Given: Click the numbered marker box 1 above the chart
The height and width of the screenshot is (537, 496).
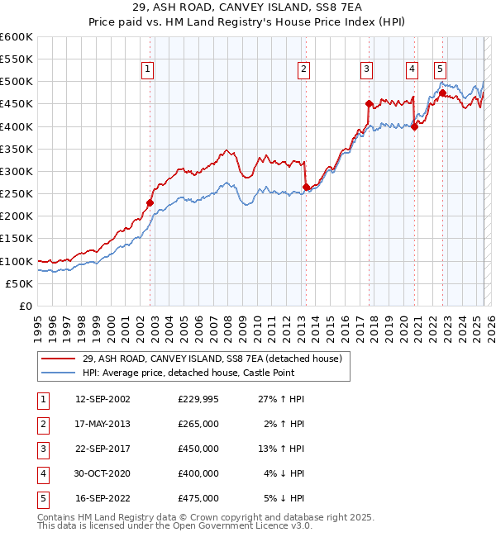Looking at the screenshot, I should click(x=147, y=70).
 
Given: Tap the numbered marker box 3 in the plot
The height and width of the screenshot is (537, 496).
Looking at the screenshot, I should click(x=366, y=70).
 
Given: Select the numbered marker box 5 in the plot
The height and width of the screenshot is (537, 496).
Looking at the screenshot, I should click(x=440, y=70).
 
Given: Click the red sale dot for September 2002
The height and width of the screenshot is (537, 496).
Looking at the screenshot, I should click(x=150, y=202).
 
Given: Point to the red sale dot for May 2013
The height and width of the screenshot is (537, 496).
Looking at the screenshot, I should click(x=306, y=187).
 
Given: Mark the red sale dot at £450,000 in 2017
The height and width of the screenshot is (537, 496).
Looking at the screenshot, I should click(x=369, y=103).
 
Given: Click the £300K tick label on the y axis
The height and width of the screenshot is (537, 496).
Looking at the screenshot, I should click(x=17, y=171).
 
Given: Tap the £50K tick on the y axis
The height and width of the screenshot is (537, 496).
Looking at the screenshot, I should click(x=20, y=283).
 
